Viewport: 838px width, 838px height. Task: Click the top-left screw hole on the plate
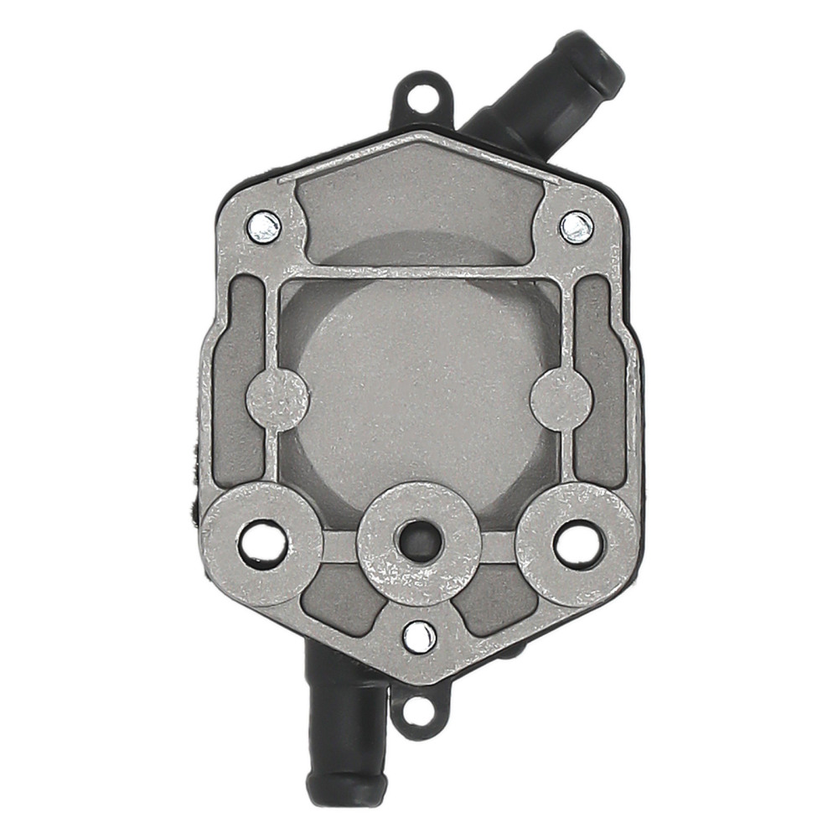tap(265, 226)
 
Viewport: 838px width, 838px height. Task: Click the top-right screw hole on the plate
tap(576, 226)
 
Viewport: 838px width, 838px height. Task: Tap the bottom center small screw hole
tap(419, 637)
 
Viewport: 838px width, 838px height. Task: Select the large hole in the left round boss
tap(262, 544)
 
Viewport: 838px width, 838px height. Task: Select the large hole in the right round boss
tap(578, 544)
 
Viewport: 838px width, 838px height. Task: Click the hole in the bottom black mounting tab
tap(418, 713)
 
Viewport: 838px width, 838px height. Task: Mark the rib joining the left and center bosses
tap(339, 547)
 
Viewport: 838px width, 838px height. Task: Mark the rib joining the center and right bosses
tap(498, 547)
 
